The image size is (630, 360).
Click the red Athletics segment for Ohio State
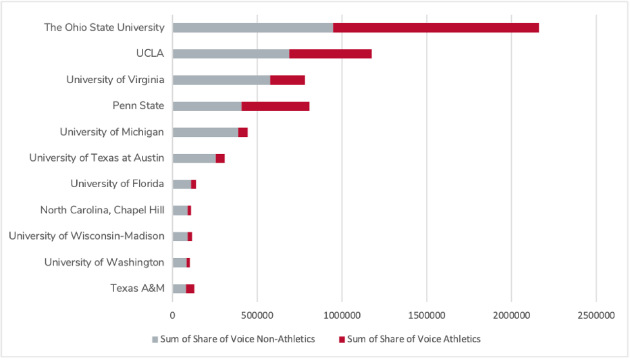[x=436, y=28]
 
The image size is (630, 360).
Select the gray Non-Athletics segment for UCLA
[x=231, y=54]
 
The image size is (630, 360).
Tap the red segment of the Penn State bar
[x=275, y=106]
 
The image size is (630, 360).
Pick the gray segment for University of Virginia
[x=221, y=80]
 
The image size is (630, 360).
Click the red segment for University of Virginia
[x=287, y=80]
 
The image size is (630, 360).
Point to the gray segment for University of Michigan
[x=205, y=132]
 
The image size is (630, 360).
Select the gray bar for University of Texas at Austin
[x=194, y=158]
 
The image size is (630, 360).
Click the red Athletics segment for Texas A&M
[x=190, y=289]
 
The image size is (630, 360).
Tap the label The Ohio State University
[x=104, y=28]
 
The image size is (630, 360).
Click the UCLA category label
[x=150, y=54]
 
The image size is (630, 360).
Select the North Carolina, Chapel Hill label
[x=102, y=210]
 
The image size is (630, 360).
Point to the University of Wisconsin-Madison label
[x=87, y=236]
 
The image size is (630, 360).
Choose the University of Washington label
[x=104, y=262]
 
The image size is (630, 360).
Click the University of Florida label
[x=117, y=184]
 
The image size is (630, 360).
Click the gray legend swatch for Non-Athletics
[x=156, y=339]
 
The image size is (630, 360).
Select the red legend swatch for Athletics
[x=342, y=339]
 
